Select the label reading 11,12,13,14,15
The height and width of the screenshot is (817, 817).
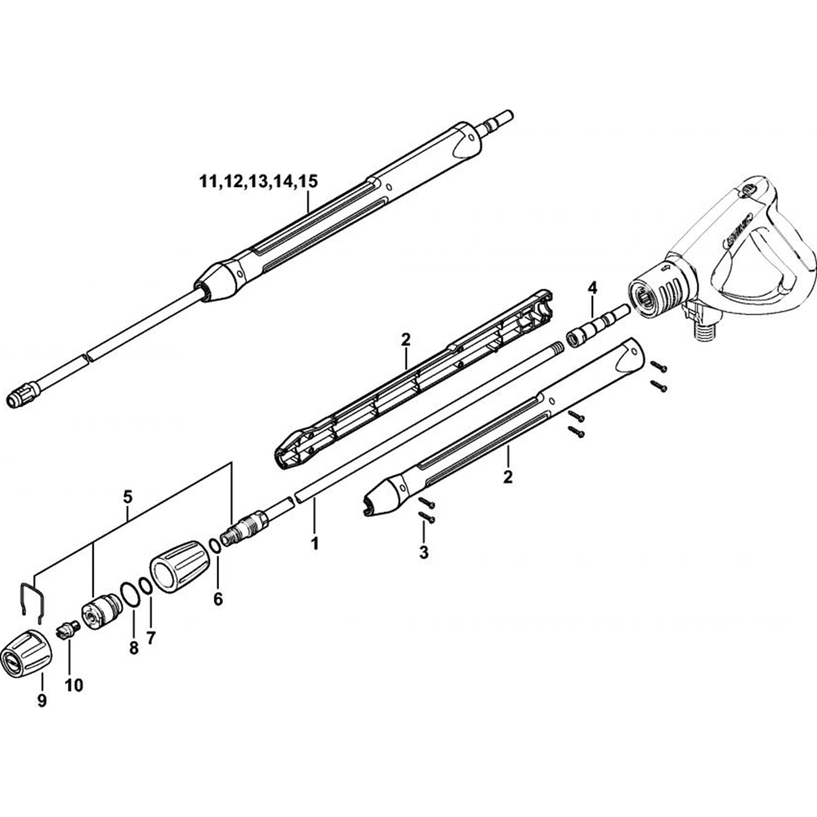[x=257, y=181]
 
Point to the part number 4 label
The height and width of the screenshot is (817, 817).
[x=592, y=288]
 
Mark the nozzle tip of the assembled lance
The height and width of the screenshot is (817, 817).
[x=25, y=399]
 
